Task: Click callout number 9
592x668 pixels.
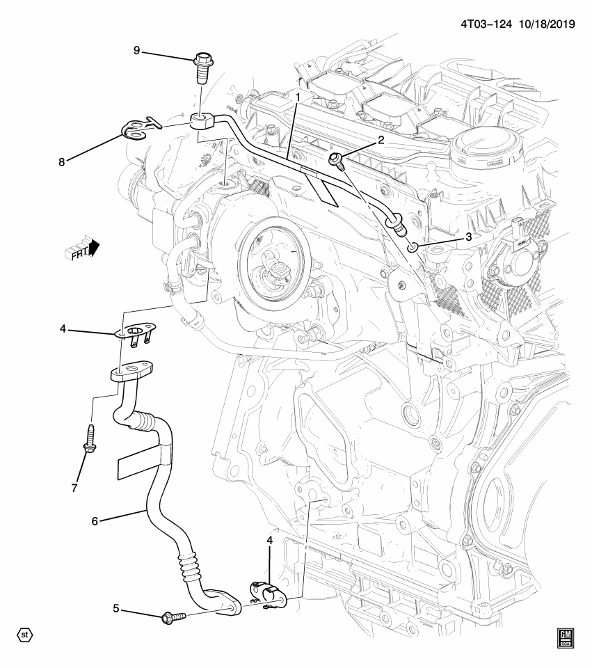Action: [x=137, y=49]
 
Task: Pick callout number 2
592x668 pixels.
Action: [x=381, y=140]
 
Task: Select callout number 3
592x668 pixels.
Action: [x=468, y=237]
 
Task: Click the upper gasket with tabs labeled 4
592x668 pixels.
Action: [x=136, y=333]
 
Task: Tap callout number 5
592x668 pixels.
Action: [x=116, y=610]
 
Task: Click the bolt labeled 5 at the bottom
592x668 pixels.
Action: [x=173, y=617]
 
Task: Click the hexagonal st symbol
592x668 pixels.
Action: [x=25, y=635]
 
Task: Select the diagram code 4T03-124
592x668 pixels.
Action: [x=485, y=24]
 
